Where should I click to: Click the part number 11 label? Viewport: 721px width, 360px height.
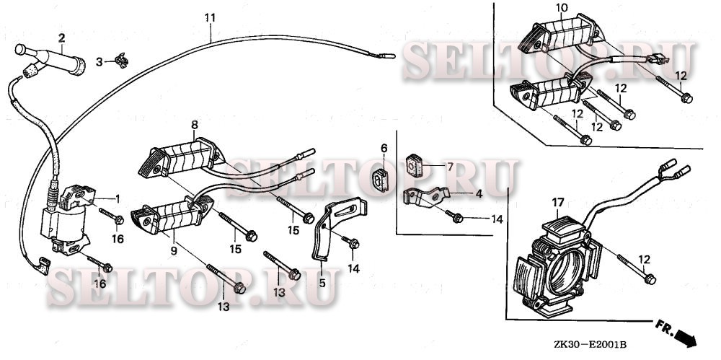210,18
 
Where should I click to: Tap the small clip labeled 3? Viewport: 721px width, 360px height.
122,61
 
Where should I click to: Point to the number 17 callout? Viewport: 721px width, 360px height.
558,202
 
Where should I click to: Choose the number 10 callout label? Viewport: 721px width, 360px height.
562,8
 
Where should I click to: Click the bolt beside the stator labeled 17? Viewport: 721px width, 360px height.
637,269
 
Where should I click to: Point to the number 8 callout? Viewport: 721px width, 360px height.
195,124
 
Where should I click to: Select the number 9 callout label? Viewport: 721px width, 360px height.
174,251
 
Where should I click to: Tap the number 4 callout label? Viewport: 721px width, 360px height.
479,194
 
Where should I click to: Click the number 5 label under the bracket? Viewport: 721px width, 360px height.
322,283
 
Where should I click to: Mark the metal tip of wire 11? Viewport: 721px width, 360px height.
387,56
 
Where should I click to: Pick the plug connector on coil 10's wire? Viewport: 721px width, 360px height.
656,58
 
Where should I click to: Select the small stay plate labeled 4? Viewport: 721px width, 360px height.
425,196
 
